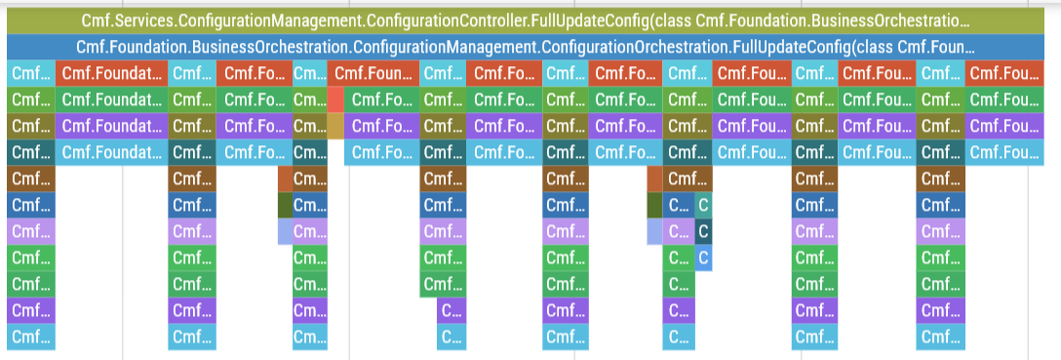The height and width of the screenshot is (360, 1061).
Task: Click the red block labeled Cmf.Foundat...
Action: click(x=111, y=73)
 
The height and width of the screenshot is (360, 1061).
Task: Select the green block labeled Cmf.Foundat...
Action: click(x=111, y=100)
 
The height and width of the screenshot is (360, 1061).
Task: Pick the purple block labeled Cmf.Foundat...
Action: click(x=111, y=126)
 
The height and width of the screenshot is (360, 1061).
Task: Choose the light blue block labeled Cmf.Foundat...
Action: click(x=111, y=152)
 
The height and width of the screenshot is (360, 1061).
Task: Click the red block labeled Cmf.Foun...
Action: click(x=374, y=73)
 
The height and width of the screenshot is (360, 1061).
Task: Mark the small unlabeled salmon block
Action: click(x=335, y=100)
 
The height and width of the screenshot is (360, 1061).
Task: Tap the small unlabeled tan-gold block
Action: click(x=335, y=126)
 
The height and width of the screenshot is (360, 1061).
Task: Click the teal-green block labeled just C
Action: click(x=704, y=205)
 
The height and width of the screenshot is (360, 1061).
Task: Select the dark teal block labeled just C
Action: click(x=704, y=231)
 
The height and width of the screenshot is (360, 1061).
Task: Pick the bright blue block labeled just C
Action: click(x=704, y=258)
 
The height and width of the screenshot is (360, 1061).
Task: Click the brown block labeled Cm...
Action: click(x=310, y=179)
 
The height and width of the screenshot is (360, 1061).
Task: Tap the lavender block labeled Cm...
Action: click(x=310, y=231)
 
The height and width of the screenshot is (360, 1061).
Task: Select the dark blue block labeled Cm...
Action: click(x=310, y=205)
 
